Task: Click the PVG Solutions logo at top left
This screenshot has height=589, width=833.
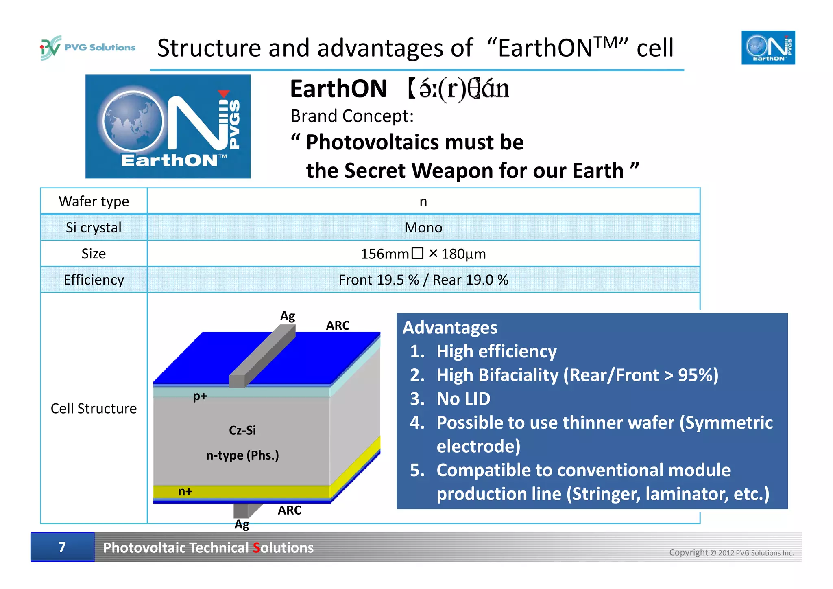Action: [x=87, y=48]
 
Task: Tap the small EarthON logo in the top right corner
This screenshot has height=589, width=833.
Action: [x=768, y=48]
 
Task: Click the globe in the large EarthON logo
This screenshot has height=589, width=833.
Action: [x=133, y=121]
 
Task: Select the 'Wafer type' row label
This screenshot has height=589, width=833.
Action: [x=94, y=201]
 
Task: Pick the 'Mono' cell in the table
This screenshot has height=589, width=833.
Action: [x=423, y=228]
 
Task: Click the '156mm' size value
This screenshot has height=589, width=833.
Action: [x=384, y=254]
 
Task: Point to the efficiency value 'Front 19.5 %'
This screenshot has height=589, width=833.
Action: [x=378, y=280]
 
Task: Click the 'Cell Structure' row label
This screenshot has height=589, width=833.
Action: [x=94, y=408]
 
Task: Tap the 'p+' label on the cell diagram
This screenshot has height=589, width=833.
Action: [x=200, y=396]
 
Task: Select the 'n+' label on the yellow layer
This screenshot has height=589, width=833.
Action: [x=185, y=492]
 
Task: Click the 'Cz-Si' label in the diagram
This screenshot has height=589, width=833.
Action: [x=242, y=430]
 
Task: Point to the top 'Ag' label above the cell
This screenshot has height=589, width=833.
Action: [x=288, y=316]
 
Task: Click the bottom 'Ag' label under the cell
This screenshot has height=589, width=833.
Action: [x=242, y=524]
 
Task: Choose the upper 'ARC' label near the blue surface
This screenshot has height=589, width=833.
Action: [x=338, y=326]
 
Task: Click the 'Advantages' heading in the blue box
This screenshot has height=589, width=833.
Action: [x=450, y=328]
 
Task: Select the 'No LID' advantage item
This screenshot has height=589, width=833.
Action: [x=463, y=399]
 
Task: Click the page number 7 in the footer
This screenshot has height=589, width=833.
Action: [x=62, y=547]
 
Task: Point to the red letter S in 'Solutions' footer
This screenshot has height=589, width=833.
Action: [x=256, y=548]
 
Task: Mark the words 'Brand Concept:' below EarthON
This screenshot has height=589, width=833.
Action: [x=352, y=116]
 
